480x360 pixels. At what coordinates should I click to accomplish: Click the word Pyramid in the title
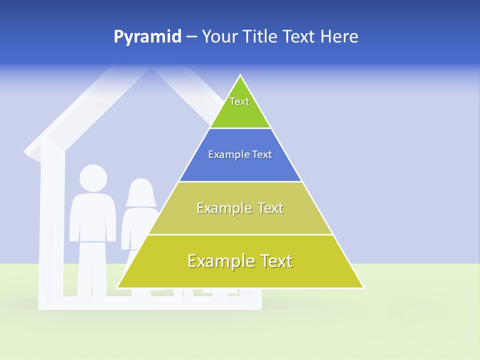[147, 37]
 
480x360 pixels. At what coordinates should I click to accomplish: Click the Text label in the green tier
[239, 101]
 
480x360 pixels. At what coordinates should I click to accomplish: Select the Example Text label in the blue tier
[240, 154]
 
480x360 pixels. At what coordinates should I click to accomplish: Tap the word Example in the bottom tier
[220, 261]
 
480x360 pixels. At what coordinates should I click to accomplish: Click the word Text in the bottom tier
[275, 261]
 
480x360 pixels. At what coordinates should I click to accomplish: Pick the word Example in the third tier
[223, 208]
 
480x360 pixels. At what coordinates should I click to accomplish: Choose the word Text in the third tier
[270, 208]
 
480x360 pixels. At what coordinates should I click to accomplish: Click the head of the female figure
[141, 192]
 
